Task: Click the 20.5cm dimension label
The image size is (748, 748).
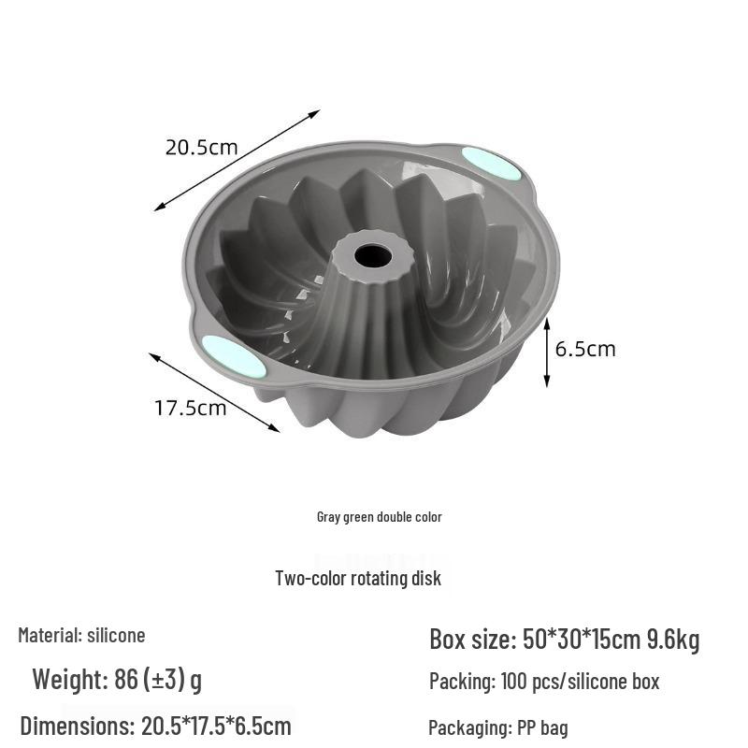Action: [201, 148]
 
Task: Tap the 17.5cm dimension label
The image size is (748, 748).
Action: [191, 409]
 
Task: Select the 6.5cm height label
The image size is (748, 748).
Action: [585, 349]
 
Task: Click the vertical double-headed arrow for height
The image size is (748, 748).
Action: [547, 352]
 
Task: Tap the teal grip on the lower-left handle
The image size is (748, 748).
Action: [234, 355]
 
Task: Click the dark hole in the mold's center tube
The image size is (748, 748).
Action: [373, 255]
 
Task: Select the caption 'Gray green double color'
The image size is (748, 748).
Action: [380, 517]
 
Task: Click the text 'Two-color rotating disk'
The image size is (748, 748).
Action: [358, 578]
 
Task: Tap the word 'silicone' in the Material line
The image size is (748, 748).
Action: [116, 636]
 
